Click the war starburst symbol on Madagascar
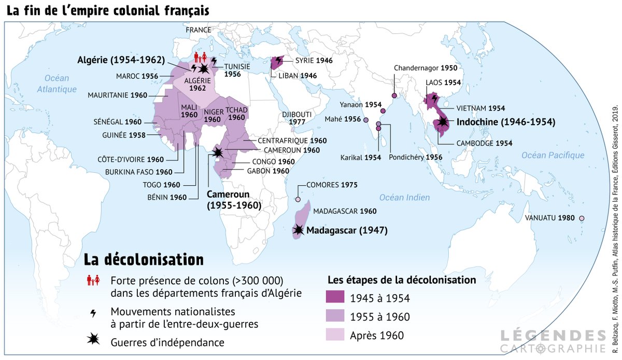click(299, 230)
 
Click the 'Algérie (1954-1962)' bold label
click(122, 59)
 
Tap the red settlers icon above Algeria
click(201, 57)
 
